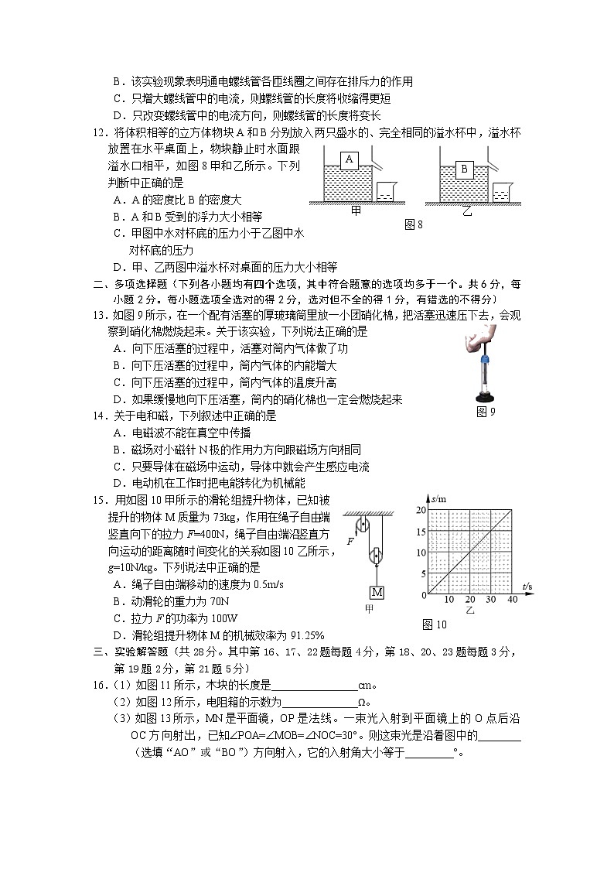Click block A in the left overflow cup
pyautogui.click(x=350, y=159)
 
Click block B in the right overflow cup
pyautogui.click(x=465, y=168)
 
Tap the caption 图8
pyautogui.click(x=414, y=224)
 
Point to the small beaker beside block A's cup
pyautogui.click(x=386, y=193)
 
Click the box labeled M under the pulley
pyautogui.click(x=377, y=593)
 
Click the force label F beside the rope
pyautogui.click(x=350, y=541)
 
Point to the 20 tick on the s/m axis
pyautogui.click(x=421, y=510)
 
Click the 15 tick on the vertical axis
pyautogui.click(x=421, y=532)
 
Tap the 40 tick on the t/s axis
pyautogui.click(x=511, y=600)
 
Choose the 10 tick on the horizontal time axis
pyautogui.click(x=449, y=600)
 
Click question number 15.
pyautogui.click(x=100, y=500)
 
